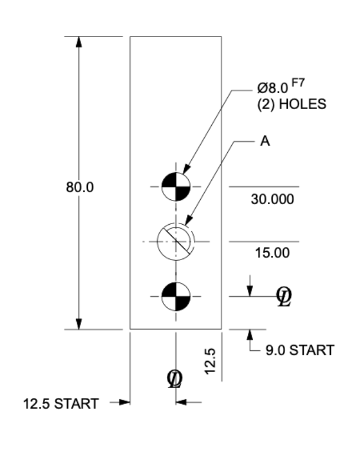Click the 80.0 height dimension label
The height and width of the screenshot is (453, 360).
tap(80, 187)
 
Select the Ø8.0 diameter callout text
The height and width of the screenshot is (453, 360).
tap(273, 88)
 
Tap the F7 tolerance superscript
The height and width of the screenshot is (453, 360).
tap(298, 83)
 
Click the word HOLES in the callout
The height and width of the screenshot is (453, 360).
tap(302, 104)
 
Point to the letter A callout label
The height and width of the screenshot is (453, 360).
tap(265, 142)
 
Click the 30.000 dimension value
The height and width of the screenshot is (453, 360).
tap(273, 199)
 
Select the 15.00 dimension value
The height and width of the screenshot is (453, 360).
tap(273, 253)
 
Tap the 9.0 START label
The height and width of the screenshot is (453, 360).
tap(300, 350)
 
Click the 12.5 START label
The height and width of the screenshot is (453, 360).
tap(61, 403)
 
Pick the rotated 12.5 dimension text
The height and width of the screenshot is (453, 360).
tap(210, 361)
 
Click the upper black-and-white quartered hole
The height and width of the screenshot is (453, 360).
tap(176, 186)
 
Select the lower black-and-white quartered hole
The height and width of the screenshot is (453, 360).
tap(176, 297)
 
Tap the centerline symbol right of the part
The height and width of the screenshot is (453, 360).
tap(284, 297)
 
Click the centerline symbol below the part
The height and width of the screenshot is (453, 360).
tap(175, 379)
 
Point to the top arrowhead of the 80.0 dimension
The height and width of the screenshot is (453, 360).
tap(78, 42)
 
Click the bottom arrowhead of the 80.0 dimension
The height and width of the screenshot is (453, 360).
tap(78, 324)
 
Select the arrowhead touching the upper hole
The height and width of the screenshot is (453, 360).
tap(187, 169)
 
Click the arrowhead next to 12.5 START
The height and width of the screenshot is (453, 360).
tap(125, 402)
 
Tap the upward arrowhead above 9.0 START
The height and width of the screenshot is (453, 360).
tap(250, 334)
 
